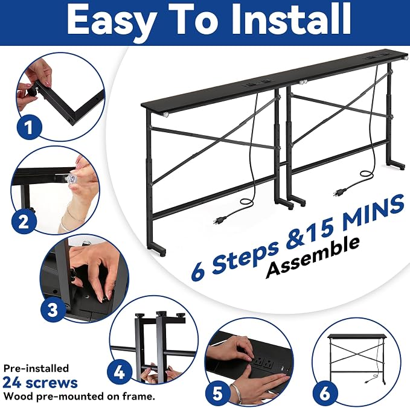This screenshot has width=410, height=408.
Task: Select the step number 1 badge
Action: [x=29, y=127]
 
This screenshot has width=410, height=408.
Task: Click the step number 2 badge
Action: [x=24, y=222]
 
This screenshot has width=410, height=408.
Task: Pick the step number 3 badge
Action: [x=53, y=310]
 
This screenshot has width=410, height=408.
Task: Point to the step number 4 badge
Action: [x=119, y=372]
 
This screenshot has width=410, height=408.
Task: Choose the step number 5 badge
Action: [x=217, y=393]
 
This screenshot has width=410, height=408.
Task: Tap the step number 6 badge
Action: [x=325, y=392]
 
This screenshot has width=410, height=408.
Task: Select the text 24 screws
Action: [x=40, y=383]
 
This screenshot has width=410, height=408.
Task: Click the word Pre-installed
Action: [x=36, y=368]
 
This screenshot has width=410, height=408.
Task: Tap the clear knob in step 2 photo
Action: [x=72, y=179]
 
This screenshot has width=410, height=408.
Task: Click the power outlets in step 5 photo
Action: [x=263, y=363]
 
